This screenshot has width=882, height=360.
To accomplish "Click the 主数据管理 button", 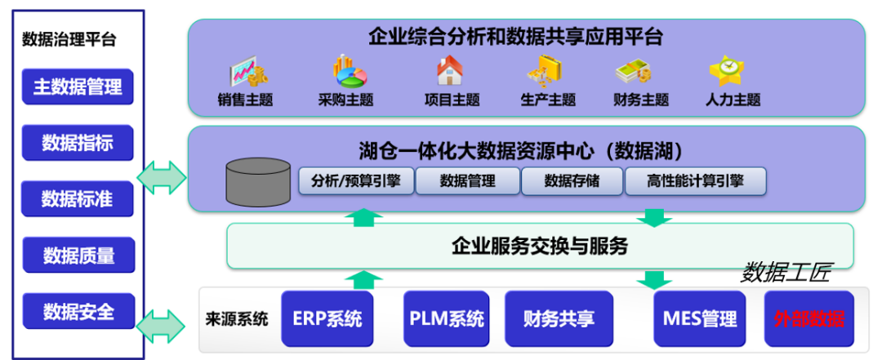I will pyautogui.click(x=78, y=87).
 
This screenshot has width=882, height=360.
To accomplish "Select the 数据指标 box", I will pyautogui.click(x=78, y=144).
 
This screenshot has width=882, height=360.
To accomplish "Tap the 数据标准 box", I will pyautogui.click(x=78, y=198).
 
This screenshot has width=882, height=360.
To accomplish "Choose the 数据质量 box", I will pyautogui.click(x=78, y=255).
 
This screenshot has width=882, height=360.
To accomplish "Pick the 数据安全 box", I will pyautogui.click(x=78, y=311).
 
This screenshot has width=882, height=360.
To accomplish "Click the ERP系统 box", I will pyautogui.click(x=327, y=318).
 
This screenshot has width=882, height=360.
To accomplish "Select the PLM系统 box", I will pyautogui.click(x=446, y=318).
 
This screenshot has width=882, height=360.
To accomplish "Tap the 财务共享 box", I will pyautogui.click(x=559, y=318).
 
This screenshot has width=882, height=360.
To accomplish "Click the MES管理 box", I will pyautogui.click(x=696, y=318).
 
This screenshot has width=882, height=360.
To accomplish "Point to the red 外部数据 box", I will pyautogui.click(x=809, y=318).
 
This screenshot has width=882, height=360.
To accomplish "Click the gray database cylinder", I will pyautogui.click(x=258, y=181).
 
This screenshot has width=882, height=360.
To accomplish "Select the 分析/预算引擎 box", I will pyautogui.click(x=356, y=181).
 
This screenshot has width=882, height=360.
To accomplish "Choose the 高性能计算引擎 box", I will pyautogui.click(x=696, y=181).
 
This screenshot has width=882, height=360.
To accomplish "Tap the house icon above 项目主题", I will pyautogui.click(x=450, y=72).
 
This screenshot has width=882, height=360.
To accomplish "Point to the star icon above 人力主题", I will pyautogui.click(x=724, y=72).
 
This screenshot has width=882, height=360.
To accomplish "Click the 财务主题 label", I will pyautogui.click(x=641, y=100).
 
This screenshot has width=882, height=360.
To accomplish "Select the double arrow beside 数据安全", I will pyautogui.click(x=163, y=326).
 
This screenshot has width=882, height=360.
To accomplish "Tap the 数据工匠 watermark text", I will pyautogui.click(x=785, y=273).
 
